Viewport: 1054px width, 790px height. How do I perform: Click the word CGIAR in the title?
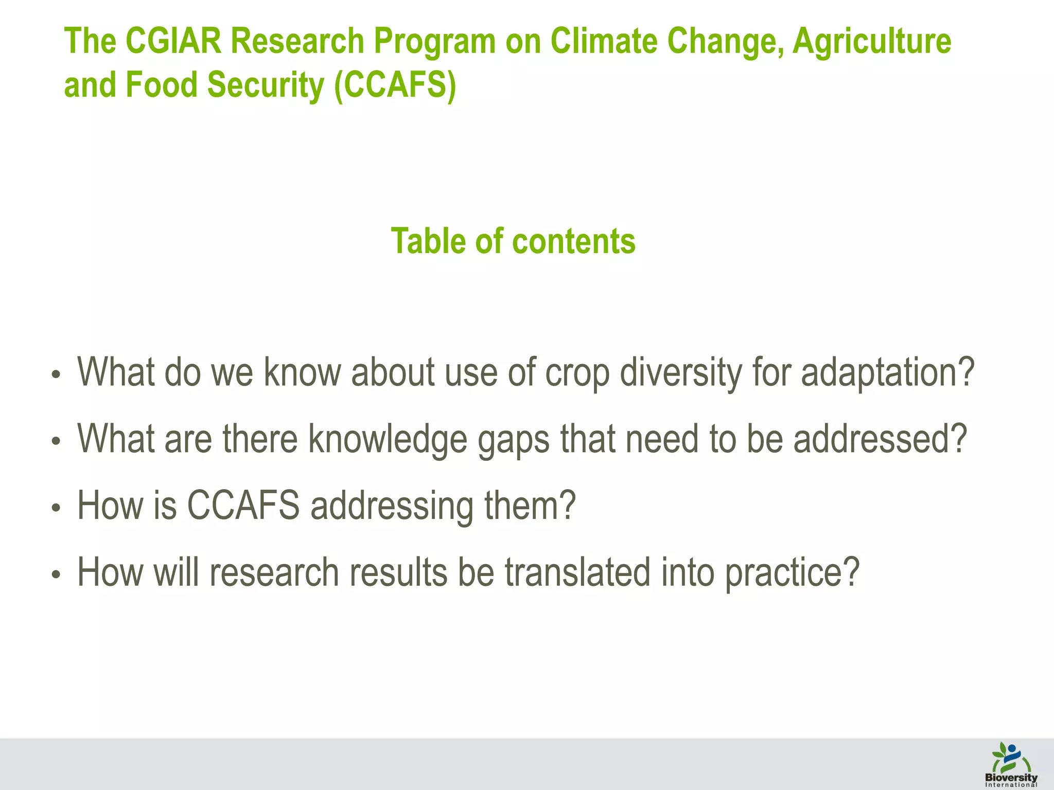tap(173, 41)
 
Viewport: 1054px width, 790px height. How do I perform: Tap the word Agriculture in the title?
tap(871, 41)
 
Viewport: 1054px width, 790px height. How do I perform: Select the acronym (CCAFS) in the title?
tap(395, 85)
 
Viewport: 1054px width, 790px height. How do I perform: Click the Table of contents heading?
tap(513, 241)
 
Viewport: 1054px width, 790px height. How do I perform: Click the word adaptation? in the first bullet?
tap(888, 373)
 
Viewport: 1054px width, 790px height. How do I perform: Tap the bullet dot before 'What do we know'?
tap(56, 375)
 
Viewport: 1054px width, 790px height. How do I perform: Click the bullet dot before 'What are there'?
tap(56, 441)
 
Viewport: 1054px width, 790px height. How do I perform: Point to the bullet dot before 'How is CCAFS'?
tap(56, 508)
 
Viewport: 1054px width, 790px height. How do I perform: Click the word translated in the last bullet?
tap(577, 572)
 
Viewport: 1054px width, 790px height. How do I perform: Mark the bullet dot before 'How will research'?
tap(56, 575)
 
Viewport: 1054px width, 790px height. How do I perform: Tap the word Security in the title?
tap(266, 85)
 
